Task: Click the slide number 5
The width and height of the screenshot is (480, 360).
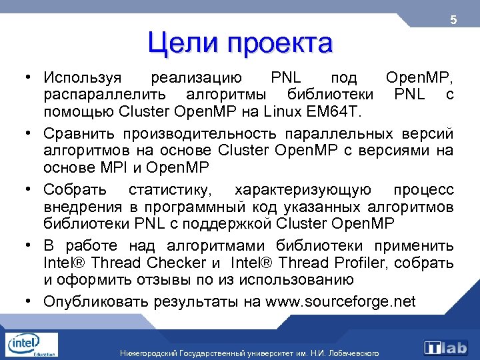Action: click(x=453, y=20)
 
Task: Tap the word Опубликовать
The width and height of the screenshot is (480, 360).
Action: click(x=97, y=301)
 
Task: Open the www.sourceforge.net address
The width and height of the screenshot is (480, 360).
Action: click(x=340, y=301)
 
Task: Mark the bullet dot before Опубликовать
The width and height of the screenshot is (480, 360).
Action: click(x=31, y=301)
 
